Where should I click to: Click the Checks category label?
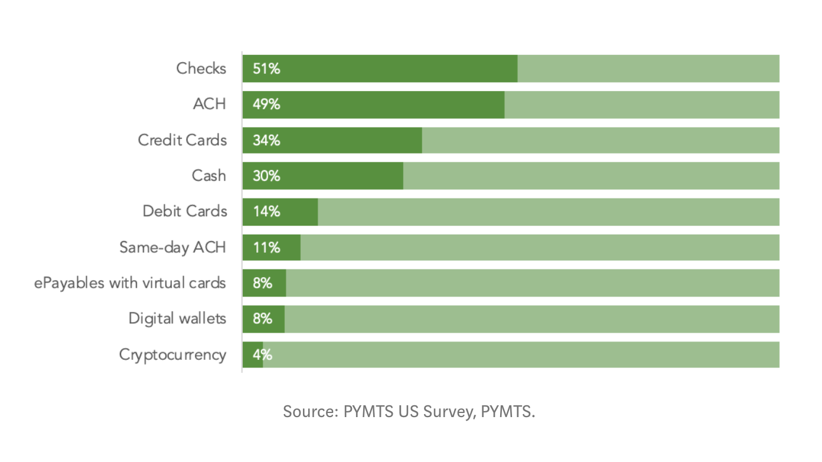pyautogui.click(x=201, y=69)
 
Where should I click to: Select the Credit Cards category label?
pyautogui.click(x=182, y=140)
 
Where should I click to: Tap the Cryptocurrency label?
pyautogui.click(x=172, y=354)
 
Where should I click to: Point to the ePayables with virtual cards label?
pyautogui.click(x=130, y=283)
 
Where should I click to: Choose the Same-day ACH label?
pyautogui.click(x=172, y=247)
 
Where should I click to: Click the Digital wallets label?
pyautogui.click(x=177, y=318)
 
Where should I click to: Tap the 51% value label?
pyautogui.click(x=266, y=69)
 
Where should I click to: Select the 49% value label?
pyautogui.click(x=266, y=105)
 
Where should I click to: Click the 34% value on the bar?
pyautogui.click(x=266, y=141)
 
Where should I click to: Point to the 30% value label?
pyautogui.click(x=266, y=176)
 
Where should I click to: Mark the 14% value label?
pyautogui.click(x=266, y=212)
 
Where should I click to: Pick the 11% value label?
pyautogui.click(x=266, y=248)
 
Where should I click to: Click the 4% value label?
pyautogui.click(x=262, y=354)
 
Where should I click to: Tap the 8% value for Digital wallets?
pyautogui.click(x=262, y=319)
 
